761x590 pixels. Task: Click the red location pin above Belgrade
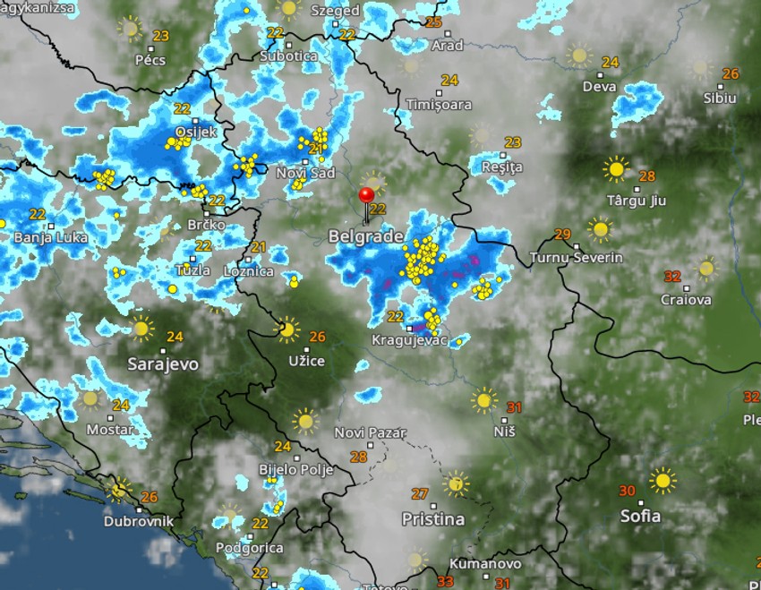click(x=366, y=196)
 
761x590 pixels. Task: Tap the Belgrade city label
click(x=366, y=236)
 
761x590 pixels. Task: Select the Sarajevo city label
click(x=163, y=364)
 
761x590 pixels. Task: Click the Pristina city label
click(x=433, y=519)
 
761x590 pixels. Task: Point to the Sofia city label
click(x=640, y=516)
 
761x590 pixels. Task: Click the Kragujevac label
click(x=409, y=341)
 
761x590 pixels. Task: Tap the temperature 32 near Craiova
click(x=672, y=277)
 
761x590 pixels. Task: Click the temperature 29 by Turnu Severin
click(x=562, y=235)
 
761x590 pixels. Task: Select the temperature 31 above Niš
click(x=513, y=407)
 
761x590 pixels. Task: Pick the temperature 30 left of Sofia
click(x=627, y=491)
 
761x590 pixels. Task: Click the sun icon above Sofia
click(x=663, y=481)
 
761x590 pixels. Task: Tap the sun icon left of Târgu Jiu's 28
click(x=616, y=168)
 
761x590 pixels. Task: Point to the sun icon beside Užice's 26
click(x=287, y=330)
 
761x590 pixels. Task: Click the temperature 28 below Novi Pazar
click(x=359, y=457)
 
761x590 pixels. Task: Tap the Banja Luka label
click(x=47, y=238)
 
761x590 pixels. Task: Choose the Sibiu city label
click(x=720, y=98)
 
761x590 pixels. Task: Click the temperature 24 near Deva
click(x=611, y=63)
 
